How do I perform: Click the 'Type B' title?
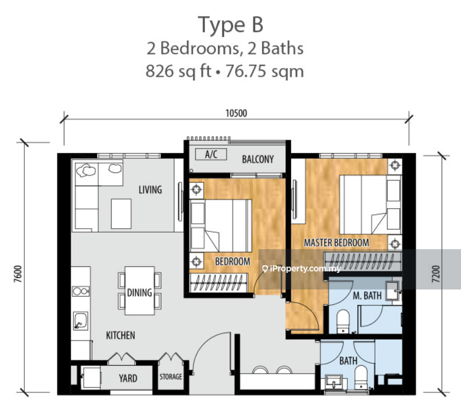click(231, 25)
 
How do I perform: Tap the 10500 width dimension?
click(236, 113)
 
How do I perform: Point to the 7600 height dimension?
click(18, 274)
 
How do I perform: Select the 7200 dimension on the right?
click(436, 274)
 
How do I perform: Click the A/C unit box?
click(211, 154)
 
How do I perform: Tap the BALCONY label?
click(258, 159)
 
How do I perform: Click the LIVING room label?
click(150, 189)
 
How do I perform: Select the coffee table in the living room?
click(121, 214)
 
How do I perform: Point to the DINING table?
click(140, 291)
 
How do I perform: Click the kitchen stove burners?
click(81, 291)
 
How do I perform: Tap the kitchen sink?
click(80, 320)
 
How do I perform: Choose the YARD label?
click(128, 378)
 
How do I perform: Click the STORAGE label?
click(171, 377)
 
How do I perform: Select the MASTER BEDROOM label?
click(336, 243)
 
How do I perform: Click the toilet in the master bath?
click(343, 322)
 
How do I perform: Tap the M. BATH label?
click(367, 296)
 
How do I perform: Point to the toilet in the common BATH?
click(361, 377)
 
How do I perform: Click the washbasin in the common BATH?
click(333, 381)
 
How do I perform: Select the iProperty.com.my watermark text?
click(301, 268)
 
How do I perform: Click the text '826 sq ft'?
click(178, 71)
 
